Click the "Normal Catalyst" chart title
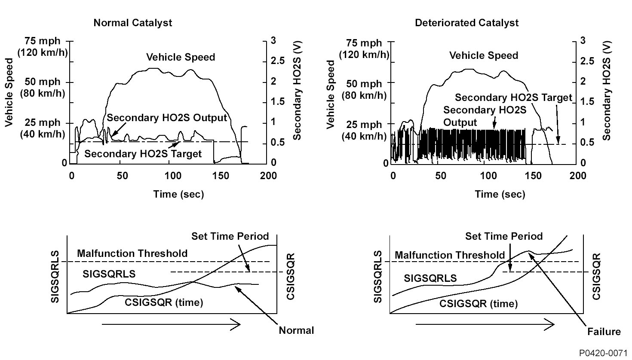132,23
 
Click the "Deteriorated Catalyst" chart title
466,23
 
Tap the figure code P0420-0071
604,353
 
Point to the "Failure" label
604,332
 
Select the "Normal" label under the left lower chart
296,330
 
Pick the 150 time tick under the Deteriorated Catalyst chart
531,176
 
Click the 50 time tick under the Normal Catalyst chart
123,176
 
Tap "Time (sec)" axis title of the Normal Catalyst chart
178,194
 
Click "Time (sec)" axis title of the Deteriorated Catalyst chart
500,194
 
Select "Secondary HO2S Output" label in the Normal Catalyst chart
167,118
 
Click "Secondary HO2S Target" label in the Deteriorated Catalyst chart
513,98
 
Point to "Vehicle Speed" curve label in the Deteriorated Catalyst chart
484,55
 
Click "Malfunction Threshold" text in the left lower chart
132,253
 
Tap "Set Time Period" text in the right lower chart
504,236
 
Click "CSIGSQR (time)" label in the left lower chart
164,302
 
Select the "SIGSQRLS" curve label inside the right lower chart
430,278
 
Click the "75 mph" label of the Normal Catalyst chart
42,41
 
